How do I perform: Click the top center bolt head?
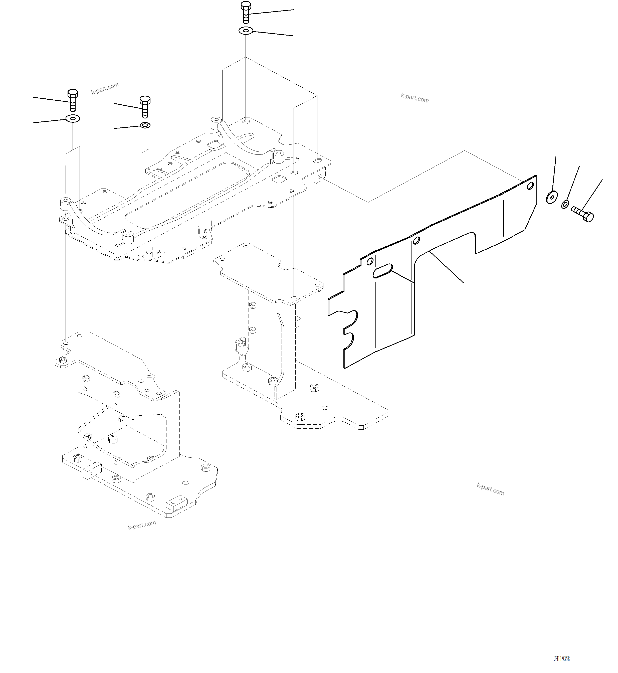coord(246,6)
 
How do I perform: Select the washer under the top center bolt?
coord(246,31)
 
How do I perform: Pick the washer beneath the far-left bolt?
coord(73,118)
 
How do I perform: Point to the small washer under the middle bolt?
coord(145,125)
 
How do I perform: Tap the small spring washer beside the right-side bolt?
coord(565,204)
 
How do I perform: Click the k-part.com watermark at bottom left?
coord(142,525)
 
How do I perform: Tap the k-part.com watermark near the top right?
coord(415,98)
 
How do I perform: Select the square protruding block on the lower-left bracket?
coord(91,470)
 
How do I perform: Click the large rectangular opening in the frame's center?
coord(187,194)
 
